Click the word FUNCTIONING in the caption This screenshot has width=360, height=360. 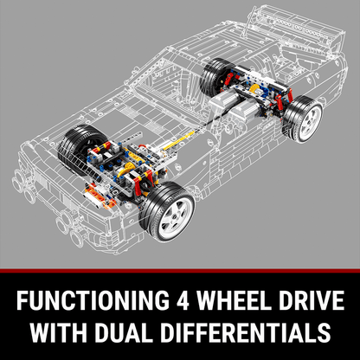coord(93,300)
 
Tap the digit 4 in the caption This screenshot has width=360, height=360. coord(183,300)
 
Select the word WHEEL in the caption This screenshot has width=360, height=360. coord(233,300)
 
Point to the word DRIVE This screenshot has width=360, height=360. coord(310,300)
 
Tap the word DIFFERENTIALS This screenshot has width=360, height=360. coord(245,332)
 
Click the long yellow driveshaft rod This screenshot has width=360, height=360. coord(179,141)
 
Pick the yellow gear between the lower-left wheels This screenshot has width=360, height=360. coord(126,170)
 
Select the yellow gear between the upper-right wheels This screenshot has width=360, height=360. coord(254,90)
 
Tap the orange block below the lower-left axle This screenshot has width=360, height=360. coord(100,196)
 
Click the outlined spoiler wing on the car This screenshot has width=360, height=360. coord(300,24)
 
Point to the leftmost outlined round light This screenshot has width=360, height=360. coord(17,181)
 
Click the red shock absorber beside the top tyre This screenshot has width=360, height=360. coord(228,79)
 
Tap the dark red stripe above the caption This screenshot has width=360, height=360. coord(180,271)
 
